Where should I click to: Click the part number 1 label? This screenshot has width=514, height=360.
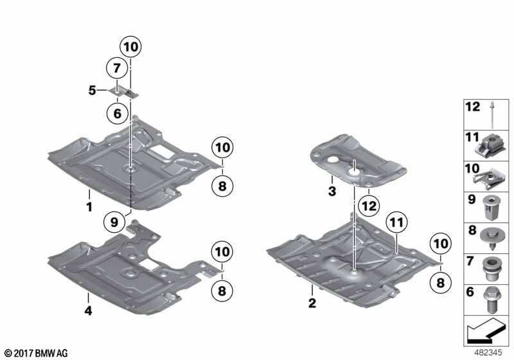point(89,207)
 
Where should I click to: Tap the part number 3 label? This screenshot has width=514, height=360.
point(332,191)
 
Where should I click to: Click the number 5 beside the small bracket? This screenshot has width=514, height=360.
point(92,91)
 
